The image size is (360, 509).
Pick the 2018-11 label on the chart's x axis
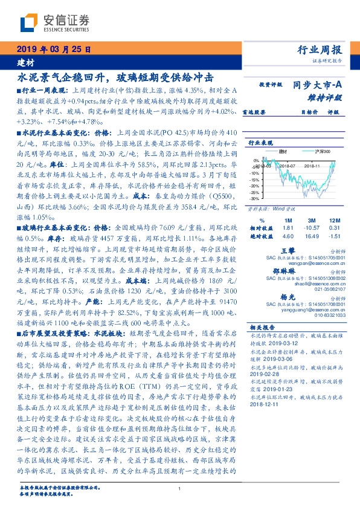[312, 164]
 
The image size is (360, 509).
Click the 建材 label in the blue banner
[25, 62]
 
